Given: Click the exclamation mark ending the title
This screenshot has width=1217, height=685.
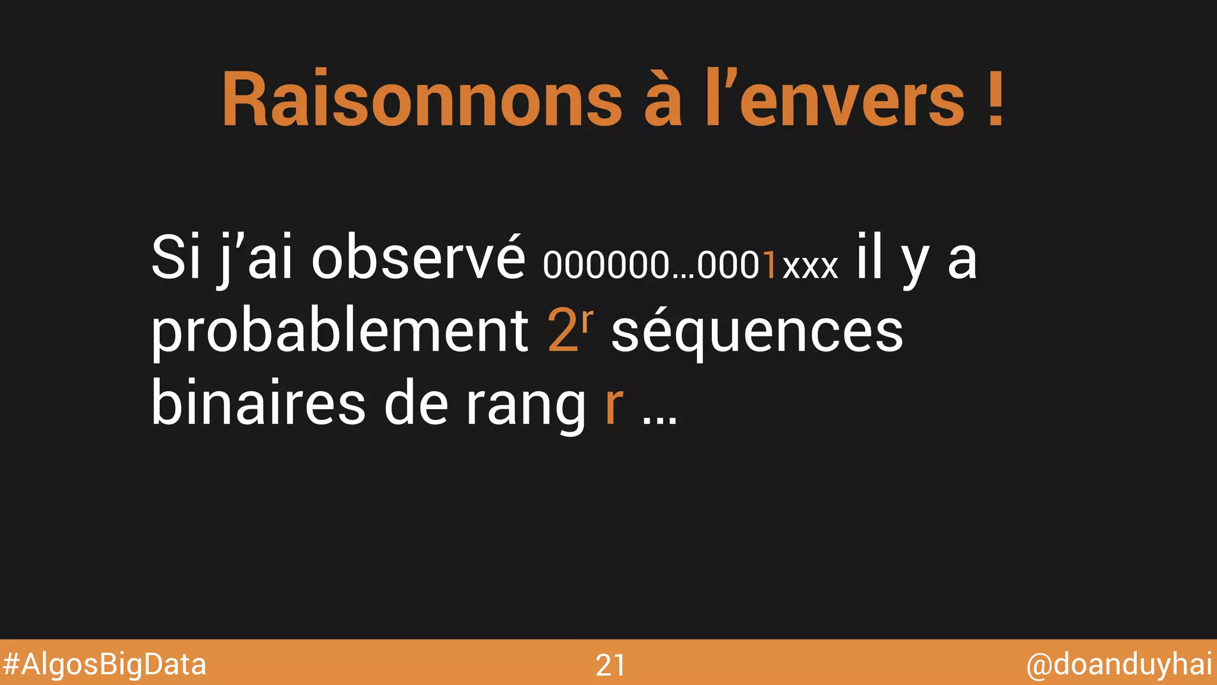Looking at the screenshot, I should point(996,100).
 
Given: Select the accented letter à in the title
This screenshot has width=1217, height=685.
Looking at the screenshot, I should point(663,100).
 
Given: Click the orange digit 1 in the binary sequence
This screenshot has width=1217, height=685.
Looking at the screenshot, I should point(770,265).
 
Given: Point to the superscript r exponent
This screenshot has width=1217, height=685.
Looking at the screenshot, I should point(587,320).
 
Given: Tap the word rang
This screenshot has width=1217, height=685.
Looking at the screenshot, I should point(526,407).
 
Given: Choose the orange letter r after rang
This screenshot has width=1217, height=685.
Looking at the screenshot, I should point(614,407).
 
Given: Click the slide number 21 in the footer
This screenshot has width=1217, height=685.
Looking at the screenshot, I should point(610,665).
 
